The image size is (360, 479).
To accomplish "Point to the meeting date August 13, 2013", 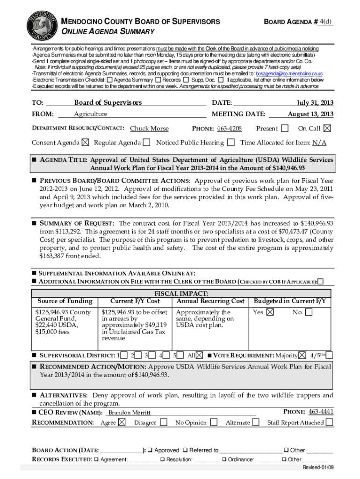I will pos(310,114).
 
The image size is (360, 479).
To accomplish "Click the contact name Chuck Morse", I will pos(149,129).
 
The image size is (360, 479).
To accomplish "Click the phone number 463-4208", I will pos(229,129).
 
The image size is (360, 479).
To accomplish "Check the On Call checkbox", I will pos(327,128).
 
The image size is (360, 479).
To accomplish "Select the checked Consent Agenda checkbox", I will pos(86,142).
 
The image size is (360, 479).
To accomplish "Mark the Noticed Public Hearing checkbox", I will pos(231,142).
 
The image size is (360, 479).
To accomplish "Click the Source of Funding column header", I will pos(65,301).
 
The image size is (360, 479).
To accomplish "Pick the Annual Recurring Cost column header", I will pos(210,301).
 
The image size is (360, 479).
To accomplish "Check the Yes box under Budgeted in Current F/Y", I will pos(271,312).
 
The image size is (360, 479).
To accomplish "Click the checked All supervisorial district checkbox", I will pos(200,355).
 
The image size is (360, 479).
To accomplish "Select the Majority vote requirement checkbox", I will pos(302,355).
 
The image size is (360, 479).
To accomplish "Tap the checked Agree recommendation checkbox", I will pos(122,422).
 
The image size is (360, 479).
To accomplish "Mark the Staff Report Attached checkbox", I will pos(330,422).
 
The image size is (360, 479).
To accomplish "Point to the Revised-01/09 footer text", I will pos(318,468).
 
